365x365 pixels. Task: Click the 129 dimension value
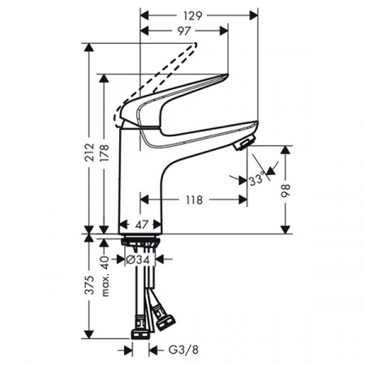(x=193, y=15)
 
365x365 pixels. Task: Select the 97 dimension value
(x=184, y=31)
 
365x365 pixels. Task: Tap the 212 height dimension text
(x=89, y=152)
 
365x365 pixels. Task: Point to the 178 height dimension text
(x=105, y=152)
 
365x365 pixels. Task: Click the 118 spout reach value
(x=194, y=200)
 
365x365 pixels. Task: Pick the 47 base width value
(x=141, y=225)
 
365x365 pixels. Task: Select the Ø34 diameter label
(x=138, y=260)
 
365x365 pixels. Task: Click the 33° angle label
(x=257, y=179)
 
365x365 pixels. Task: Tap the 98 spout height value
(x=286, y=191)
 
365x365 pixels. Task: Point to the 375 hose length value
(x=89, y=285)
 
